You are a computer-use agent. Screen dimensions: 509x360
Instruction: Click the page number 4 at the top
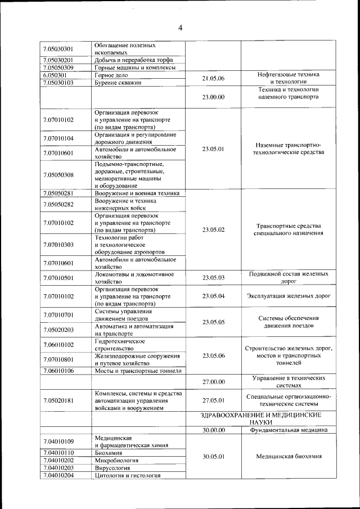(x=180, y=28)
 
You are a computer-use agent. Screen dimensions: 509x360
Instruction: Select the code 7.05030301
(x=58, y=48)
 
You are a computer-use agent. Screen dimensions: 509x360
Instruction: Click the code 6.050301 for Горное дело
(x=55, y=74)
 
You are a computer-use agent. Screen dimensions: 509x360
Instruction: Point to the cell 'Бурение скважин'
(x=118, y=82)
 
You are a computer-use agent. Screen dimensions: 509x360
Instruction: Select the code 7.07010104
(x=58, y=138)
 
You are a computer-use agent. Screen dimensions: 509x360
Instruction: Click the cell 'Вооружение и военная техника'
(x=137, y=193)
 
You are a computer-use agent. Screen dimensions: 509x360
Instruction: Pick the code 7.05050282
(x=58, y=204)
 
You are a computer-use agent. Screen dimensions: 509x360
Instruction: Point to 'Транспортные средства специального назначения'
(x=287, y=229)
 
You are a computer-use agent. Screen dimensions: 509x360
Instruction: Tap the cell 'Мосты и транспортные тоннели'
(x=138, y=371)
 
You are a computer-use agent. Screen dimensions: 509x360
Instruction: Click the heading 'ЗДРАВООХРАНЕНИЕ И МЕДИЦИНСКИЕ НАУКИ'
(x=261, y=418)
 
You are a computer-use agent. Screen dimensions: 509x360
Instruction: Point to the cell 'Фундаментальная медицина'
(x=287, y=430)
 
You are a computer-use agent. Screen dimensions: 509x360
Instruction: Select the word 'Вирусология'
(x=112, y=467)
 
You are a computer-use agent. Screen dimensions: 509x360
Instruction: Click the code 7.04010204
(x=58, y=475)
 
